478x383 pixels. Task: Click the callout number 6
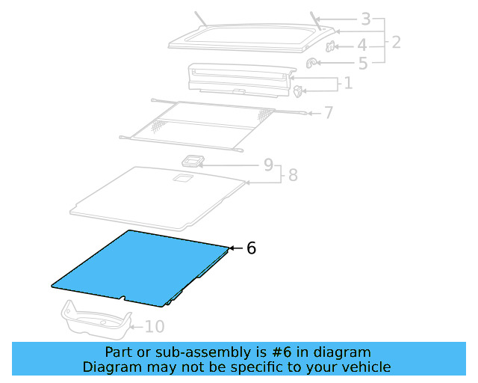[251, 248]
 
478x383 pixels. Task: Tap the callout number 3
[365, 19]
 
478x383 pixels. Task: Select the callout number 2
[396, 42]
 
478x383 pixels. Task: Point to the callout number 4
[361, 45]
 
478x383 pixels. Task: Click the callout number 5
[363, 64]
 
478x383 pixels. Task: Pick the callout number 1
[348, 83]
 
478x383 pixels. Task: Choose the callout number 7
[329, 114]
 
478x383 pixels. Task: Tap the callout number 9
[268, 165]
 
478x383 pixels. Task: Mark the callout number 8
[293, 175]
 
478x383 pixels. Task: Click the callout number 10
[154, 327]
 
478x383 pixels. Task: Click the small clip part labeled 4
[332, 48]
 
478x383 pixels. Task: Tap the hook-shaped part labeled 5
[312, 63]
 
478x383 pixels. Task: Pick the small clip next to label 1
[299, 92]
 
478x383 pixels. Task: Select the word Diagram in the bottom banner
[109, 367]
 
